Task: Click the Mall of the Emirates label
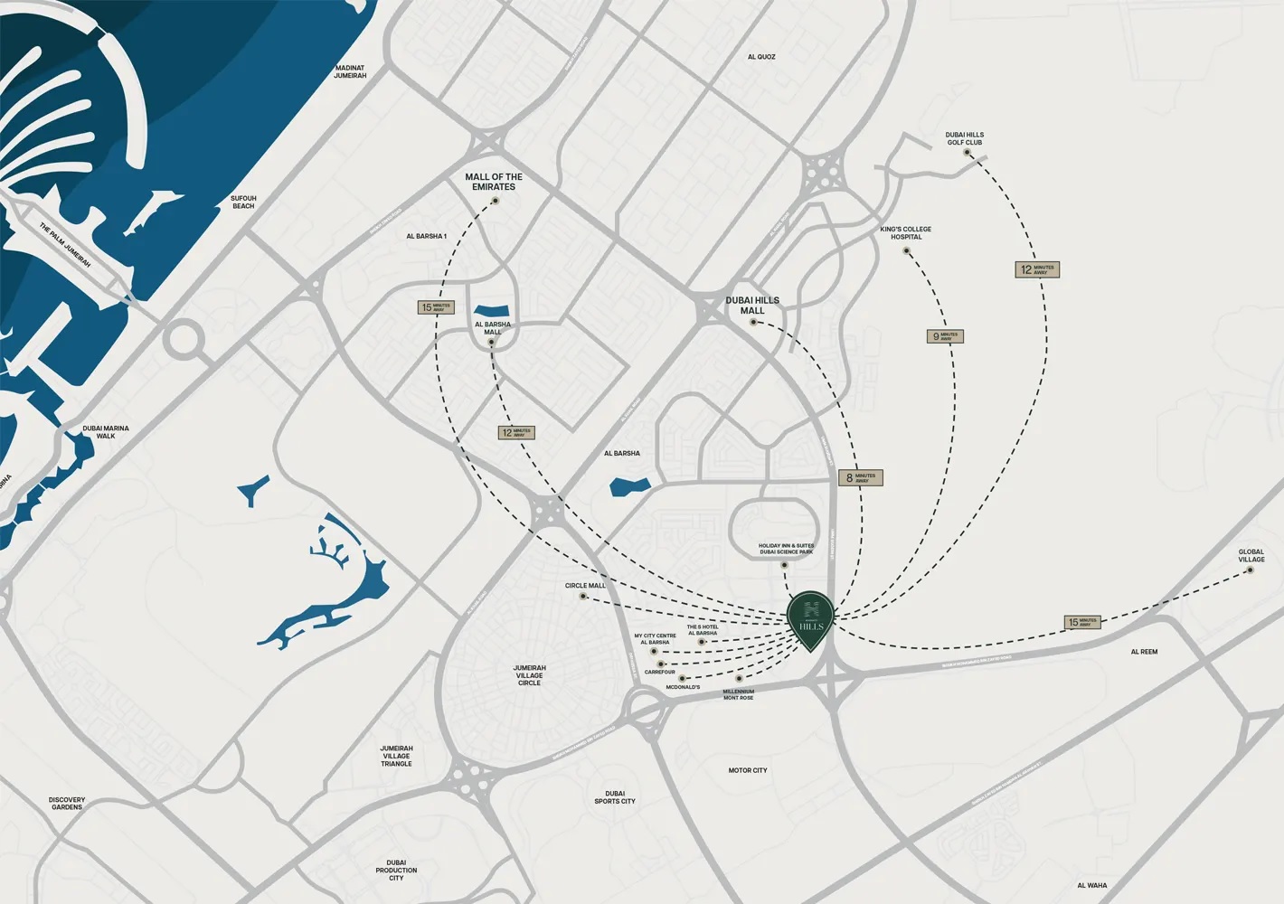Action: [x=494, y=182]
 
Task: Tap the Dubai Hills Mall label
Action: [x=752, y=306]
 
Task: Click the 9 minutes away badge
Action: [x=945, y=336]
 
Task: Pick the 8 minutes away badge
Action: [x=860, y=477]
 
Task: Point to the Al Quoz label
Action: [x=761, y=57]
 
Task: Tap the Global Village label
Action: [x=1251, y=556]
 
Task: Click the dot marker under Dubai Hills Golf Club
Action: [x=967, y=153]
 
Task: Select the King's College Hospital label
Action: [x=905, y=233]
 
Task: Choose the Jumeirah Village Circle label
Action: [x=530, y=675]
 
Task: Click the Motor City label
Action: [x=748, y=770]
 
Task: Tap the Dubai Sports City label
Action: [x=615, y=797]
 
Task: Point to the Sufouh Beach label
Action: [x=243, y=202]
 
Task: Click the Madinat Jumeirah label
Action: [x=350, y=71]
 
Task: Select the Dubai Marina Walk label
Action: [x=106, y=432]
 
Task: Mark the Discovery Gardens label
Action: [x=67, y=803]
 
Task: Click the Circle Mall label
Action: [x=585, y=586]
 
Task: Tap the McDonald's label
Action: [x=683, y=688]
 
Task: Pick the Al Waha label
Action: [x=1092, y=886]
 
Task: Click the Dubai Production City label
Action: [x=396, y=871]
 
